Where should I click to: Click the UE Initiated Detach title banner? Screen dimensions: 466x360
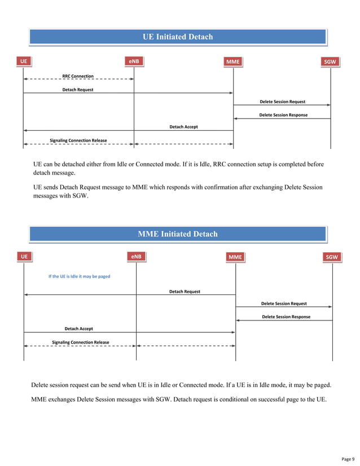178,37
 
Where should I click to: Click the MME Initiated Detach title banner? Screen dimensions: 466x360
178,234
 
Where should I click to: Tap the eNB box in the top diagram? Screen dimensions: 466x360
134,60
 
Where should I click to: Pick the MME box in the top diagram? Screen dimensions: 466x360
232,61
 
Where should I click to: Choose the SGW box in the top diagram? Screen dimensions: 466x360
330,61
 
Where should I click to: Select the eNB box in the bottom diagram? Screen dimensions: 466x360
136,257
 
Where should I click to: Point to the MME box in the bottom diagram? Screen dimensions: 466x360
235,257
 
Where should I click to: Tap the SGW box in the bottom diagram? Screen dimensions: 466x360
332,257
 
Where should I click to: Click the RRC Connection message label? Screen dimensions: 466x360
78,76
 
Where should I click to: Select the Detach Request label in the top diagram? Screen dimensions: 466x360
78,89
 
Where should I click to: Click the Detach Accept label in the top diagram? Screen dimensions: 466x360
183,127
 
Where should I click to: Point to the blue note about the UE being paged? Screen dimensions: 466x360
79,276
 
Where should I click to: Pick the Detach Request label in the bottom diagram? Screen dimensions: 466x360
185,292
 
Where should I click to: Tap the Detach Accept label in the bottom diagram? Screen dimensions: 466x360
78,328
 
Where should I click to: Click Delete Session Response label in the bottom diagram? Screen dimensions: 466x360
286,317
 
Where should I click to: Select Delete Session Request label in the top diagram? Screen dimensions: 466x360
282,102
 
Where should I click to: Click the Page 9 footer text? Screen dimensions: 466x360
349,458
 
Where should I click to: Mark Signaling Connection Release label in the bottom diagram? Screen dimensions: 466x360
81,342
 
